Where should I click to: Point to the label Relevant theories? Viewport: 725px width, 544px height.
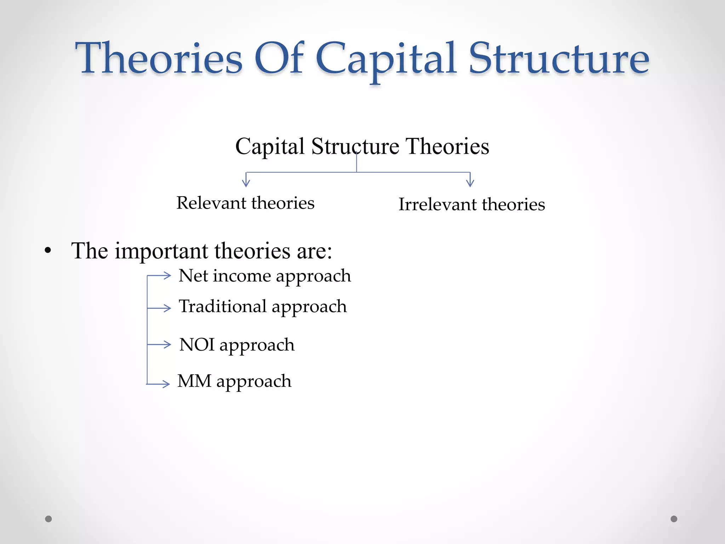pyautogui.click(x=245, y=203)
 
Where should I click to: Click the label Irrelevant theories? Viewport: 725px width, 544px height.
pyautogui.click(x=472, y=205)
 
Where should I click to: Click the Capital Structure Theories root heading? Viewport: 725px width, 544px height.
pyautogui.click(x=362, y=146)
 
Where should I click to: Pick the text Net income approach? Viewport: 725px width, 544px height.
pyautogui.click(x=265, y=276)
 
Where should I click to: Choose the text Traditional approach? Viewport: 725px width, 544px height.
pyautogui.click(x=263, y=307)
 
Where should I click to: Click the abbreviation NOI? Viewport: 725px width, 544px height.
pyautogui.click(x=197, y=345)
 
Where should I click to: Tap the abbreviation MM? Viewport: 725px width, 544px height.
pyautogui.click(x=194, y=381)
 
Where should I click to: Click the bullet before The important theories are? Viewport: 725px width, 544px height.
pyautogui.click(x=48, y=251)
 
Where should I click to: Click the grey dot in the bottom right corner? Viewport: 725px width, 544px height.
pyautogui.click(x=674, y=519)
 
